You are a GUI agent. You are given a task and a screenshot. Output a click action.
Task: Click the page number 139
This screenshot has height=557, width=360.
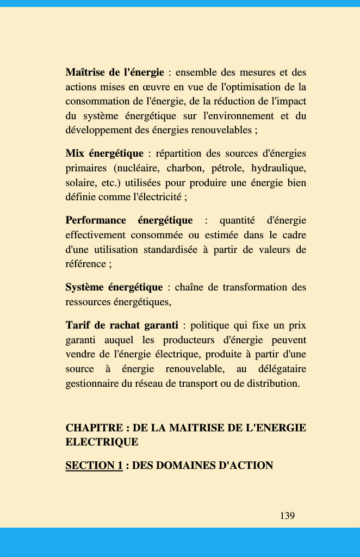[x=287, y=516]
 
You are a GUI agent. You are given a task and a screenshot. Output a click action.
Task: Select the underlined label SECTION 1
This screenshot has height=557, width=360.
[x=94, y=466]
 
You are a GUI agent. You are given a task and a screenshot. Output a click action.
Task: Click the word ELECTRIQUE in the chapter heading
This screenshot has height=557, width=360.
[x=102, y=442]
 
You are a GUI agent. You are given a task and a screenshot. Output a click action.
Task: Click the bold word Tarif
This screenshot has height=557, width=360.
[x=78, y=326]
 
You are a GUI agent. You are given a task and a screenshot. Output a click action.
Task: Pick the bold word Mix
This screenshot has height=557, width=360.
[x=75, y=154]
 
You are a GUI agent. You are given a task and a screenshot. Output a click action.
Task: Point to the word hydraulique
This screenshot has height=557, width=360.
[x=278, y=168]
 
